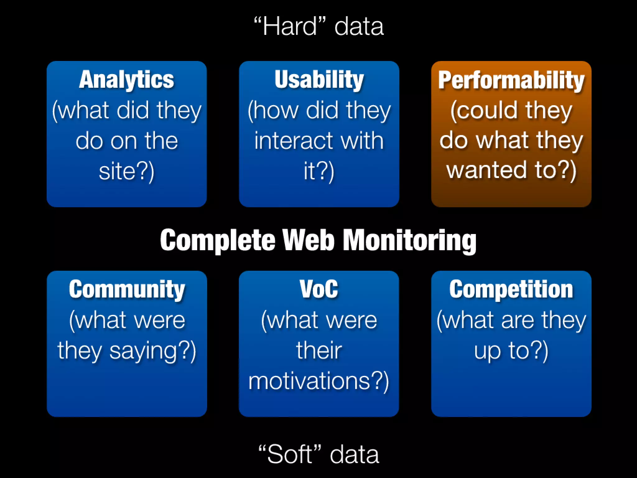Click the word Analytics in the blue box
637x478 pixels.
tap(126, 80)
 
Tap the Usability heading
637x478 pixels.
tap(319, 80)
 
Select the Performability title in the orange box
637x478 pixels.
tap(511, 80)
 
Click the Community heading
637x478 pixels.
tap(127, 289)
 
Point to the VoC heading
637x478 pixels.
tap(319, 289)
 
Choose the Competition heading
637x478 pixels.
tap(511, 289)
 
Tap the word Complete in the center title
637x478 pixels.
tap(218, 240)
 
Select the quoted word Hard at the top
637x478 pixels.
tap(290, 27)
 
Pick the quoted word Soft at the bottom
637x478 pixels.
tap(290, 454)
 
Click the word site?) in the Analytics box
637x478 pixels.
tap(126, 171)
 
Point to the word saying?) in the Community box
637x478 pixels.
tap(152, 351)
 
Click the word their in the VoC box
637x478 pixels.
tap(319, 350)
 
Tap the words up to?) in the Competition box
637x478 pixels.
tap(511, 351)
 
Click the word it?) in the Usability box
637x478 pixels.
tap(319, 171)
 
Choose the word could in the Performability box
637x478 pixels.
tap(485, 110)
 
